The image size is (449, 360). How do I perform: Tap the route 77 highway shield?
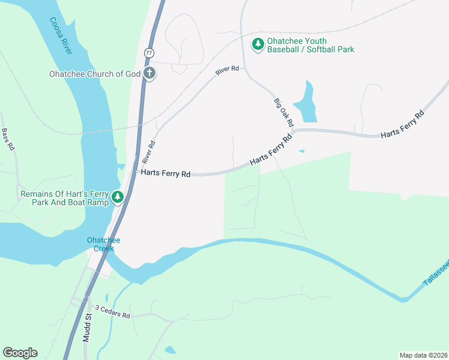click(x=148, y=53)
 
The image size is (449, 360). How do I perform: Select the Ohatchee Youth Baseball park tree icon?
click(x=258, y=44)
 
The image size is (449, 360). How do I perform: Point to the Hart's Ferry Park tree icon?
click(x=118, y=197)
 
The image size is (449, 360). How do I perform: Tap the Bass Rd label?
click(x=8, y=140)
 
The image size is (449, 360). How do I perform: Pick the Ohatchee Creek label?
click(x=103, y=244)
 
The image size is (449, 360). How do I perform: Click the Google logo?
click(x=20, y=353)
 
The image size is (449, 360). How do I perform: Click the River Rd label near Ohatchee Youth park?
click(x=228, y=70)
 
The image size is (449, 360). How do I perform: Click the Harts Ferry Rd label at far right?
click(x=402, y=124)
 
